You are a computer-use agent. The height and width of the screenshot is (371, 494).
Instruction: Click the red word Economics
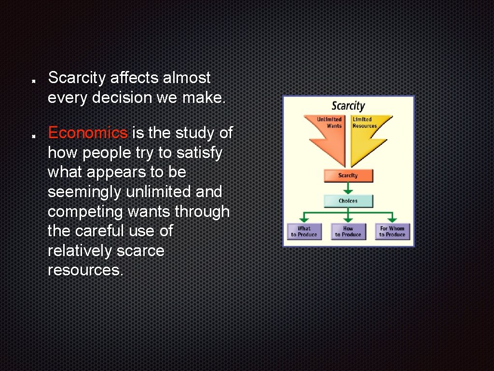(87, 132)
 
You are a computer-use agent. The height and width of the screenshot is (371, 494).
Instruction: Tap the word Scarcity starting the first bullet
(77, 77)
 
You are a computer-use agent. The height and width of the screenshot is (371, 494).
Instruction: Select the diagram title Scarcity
(348, 106)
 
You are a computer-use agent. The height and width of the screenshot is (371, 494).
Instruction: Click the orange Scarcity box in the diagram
(348, 175)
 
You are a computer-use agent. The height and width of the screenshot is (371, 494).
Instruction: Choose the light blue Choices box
(348, 201)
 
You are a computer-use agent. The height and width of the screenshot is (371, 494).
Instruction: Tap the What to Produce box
(304, 231)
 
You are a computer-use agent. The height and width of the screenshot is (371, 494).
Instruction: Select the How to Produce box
(348, 231)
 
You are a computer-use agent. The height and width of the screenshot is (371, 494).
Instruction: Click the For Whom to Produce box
(392, 231)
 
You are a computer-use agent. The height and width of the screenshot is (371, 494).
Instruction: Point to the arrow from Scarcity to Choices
(348, 188)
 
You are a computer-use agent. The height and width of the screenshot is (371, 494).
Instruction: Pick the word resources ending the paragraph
(85, 271)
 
